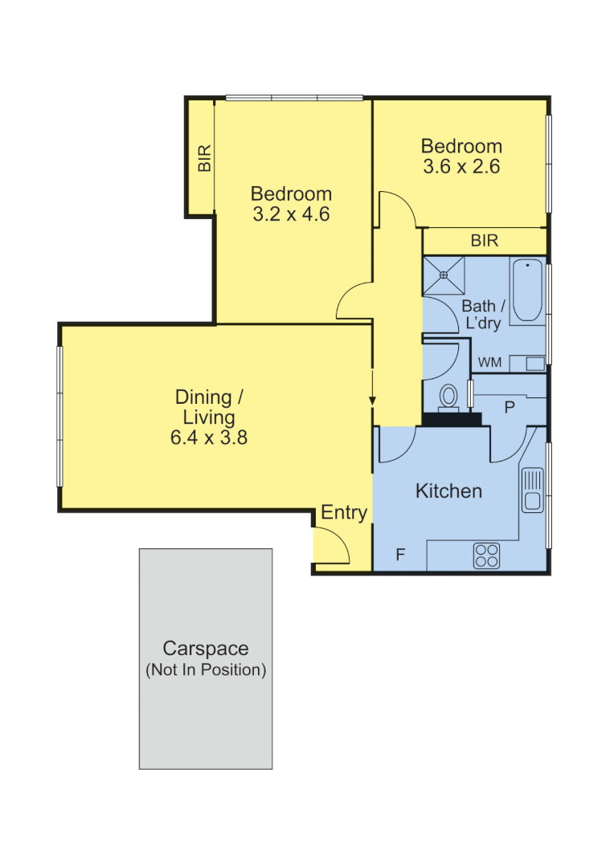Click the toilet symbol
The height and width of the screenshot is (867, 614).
pos(449,396)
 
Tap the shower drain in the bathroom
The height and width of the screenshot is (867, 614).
pos(443,275)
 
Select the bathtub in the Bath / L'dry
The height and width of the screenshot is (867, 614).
pos(528,291)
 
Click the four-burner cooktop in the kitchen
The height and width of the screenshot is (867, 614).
pos(487,555)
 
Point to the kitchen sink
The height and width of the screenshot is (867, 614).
pos(532,490)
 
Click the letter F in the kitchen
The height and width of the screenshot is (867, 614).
pos(399,555)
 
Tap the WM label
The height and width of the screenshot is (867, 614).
pos(489,363)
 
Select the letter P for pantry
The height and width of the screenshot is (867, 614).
pos(509,407)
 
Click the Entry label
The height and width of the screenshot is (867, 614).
pos(344,513)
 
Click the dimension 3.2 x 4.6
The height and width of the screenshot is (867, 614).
pos(291,214)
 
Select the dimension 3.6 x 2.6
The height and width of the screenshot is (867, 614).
pos(461,167)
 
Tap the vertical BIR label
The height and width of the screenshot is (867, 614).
pos(205,158)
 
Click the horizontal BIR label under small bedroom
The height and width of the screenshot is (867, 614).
pos(485,240)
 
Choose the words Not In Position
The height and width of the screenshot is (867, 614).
pos(206,670)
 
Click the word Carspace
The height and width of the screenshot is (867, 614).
pos(206,649)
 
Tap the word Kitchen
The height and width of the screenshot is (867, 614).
pos(448,491)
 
